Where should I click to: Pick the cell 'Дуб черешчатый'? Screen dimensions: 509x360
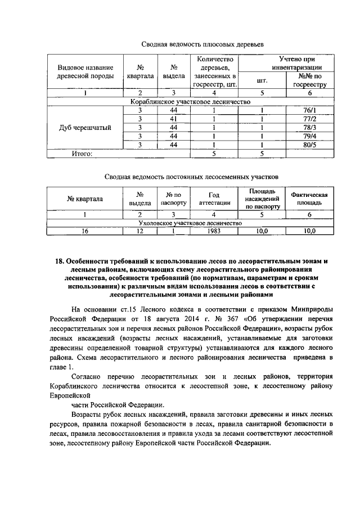(85, 127)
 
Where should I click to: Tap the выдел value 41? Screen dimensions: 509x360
(174, 119)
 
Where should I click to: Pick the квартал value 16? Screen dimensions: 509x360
(85, 231)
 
